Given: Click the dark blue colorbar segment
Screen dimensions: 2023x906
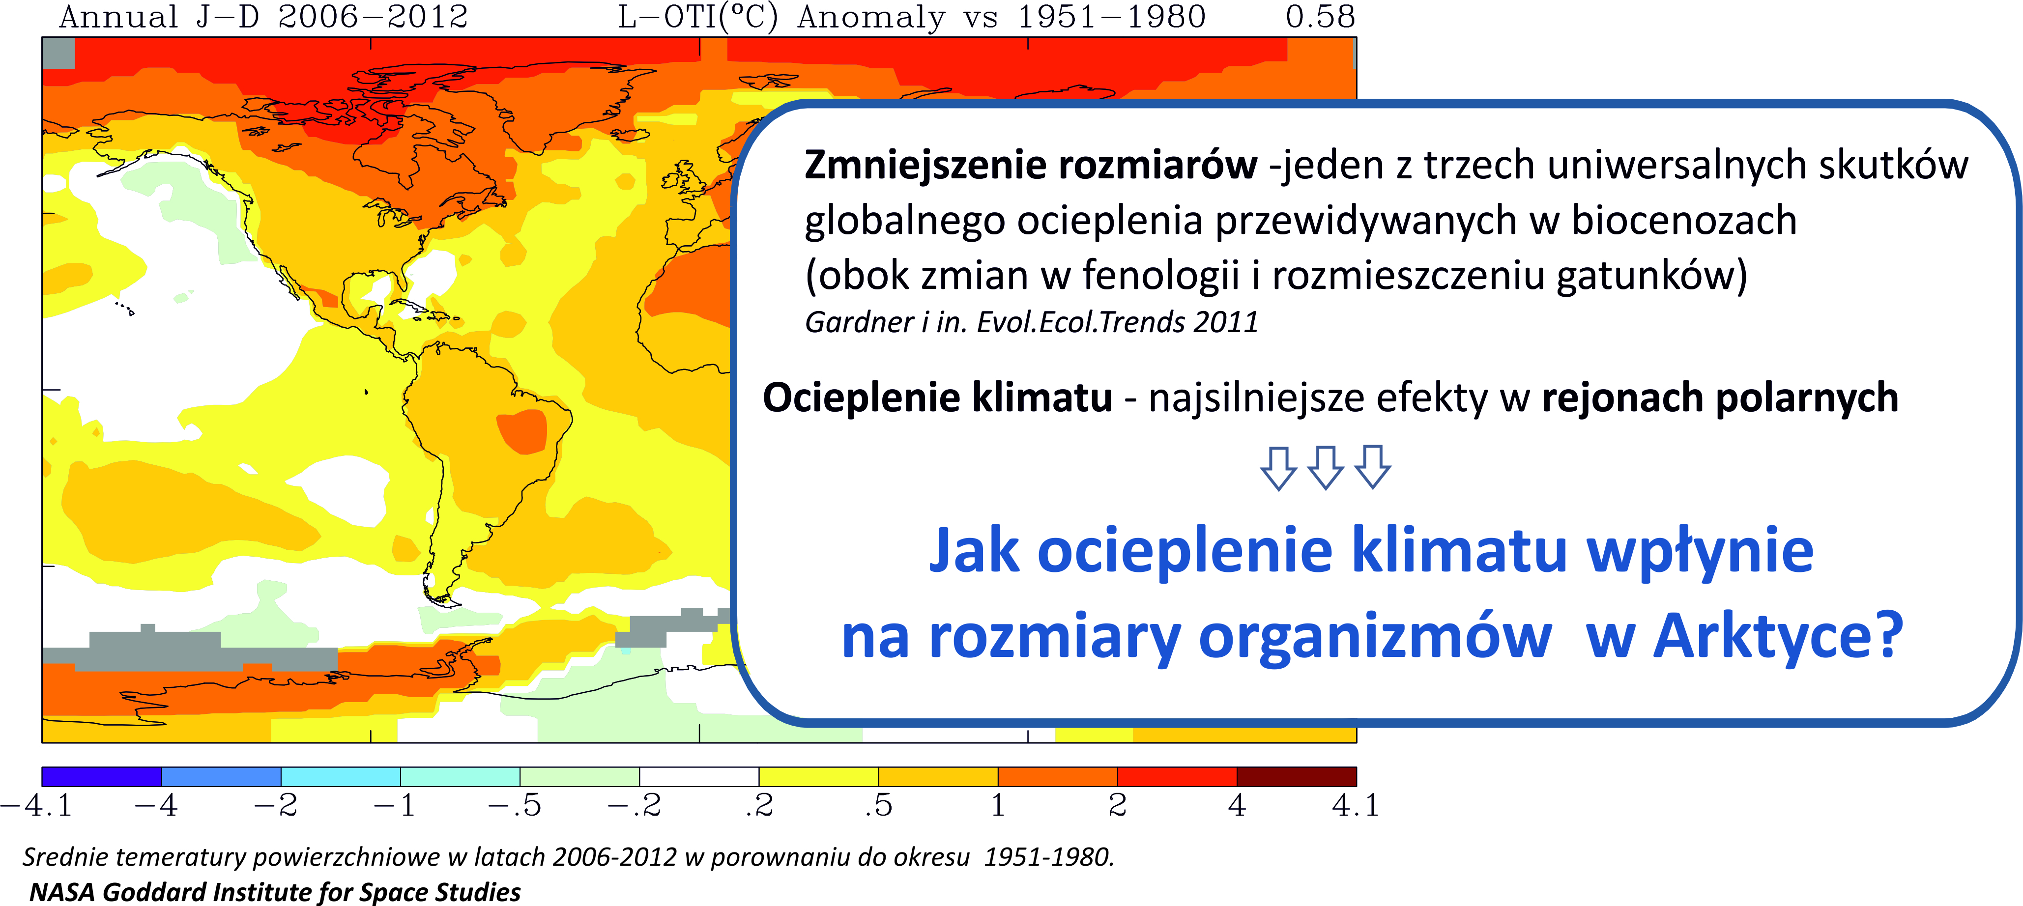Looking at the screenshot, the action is [101, 776].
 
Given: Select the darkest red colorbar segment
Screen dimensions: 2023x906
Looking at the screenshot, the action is [1297, 776].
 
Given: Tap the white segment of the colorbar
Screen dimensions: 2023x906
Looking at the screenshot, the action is [699, 776].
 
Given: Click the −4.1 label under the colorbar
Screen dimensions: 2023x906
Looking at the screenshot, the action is [36, 805].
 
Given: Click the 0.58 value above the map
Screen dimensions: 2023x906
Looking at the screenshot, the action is [1320, 17].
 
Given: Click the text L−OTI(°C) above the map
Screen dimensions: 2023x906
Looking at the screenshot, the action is [698, 17].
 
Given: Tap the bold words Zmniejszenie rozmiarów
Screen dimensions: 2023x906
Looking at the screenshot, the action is [1030, 166].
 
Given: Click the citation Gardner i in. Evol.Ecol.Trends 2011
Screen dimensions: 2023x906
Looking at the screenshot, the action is [1031, 322].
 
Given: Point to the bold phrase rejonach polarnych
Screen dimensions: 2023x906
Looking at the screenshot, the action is [1720, 397].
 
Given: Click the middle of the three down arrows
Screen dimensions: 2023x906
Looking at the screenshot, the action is [1326, 468].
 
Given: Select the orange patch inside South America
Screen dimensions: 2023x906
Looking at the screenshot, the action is [522, 431].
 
